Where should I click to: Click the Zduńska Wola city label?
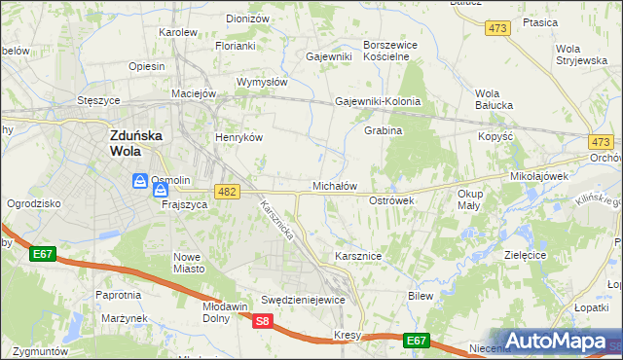[133, 145]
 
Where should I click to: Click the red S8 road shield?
[262, 321]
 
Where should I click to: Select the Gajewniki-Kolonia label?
[378, 101]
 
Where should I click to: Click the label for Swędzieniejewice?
[303, 300]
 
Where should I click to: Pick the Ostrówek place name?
[392, 199]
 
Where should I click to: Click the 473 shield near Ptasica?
[498, 29]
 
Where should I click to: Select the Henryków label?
[239, 137]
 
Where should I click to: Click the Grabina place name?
[383, 130]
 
